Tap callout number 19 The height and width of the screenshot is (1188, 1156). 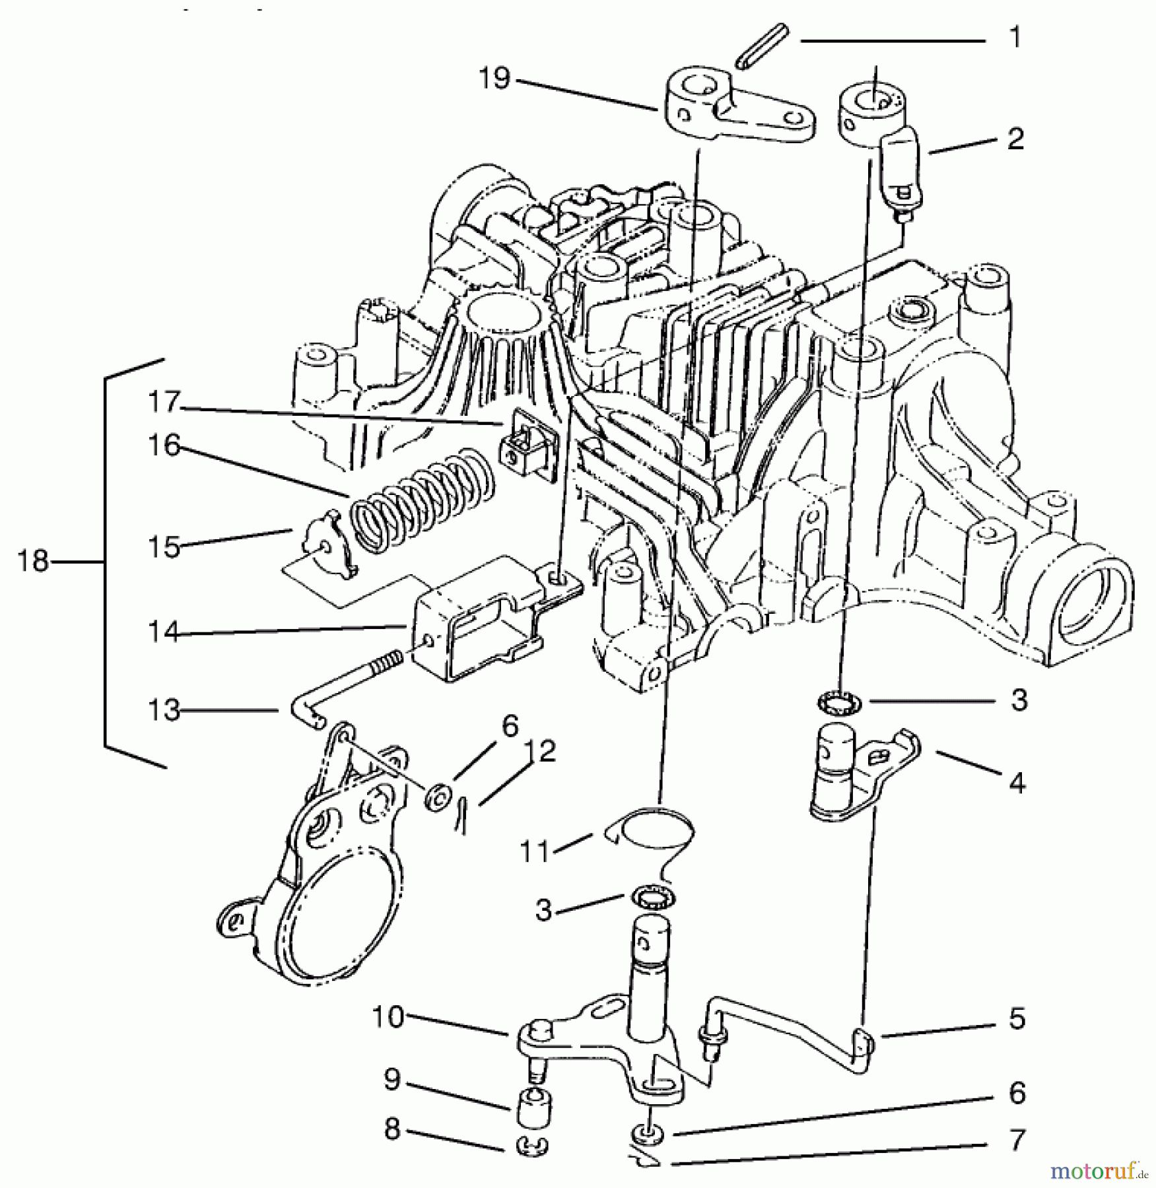point(494,79)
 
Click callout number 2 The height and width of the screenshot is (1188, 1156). point(1015,139)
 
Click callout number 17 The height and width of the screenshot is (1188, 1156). point(164,401)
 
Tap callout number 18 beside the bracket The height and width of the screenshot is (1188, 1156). point(33,562)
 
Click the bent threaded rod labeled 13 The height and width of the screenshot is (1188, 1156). point(343,686)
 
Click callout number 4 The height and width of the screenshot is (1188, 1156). point(1017,783)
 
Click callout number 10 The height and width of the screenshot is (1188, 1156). point(388,1017)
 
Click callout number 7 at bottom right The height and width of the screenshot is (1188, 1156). point(1017,1140)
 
